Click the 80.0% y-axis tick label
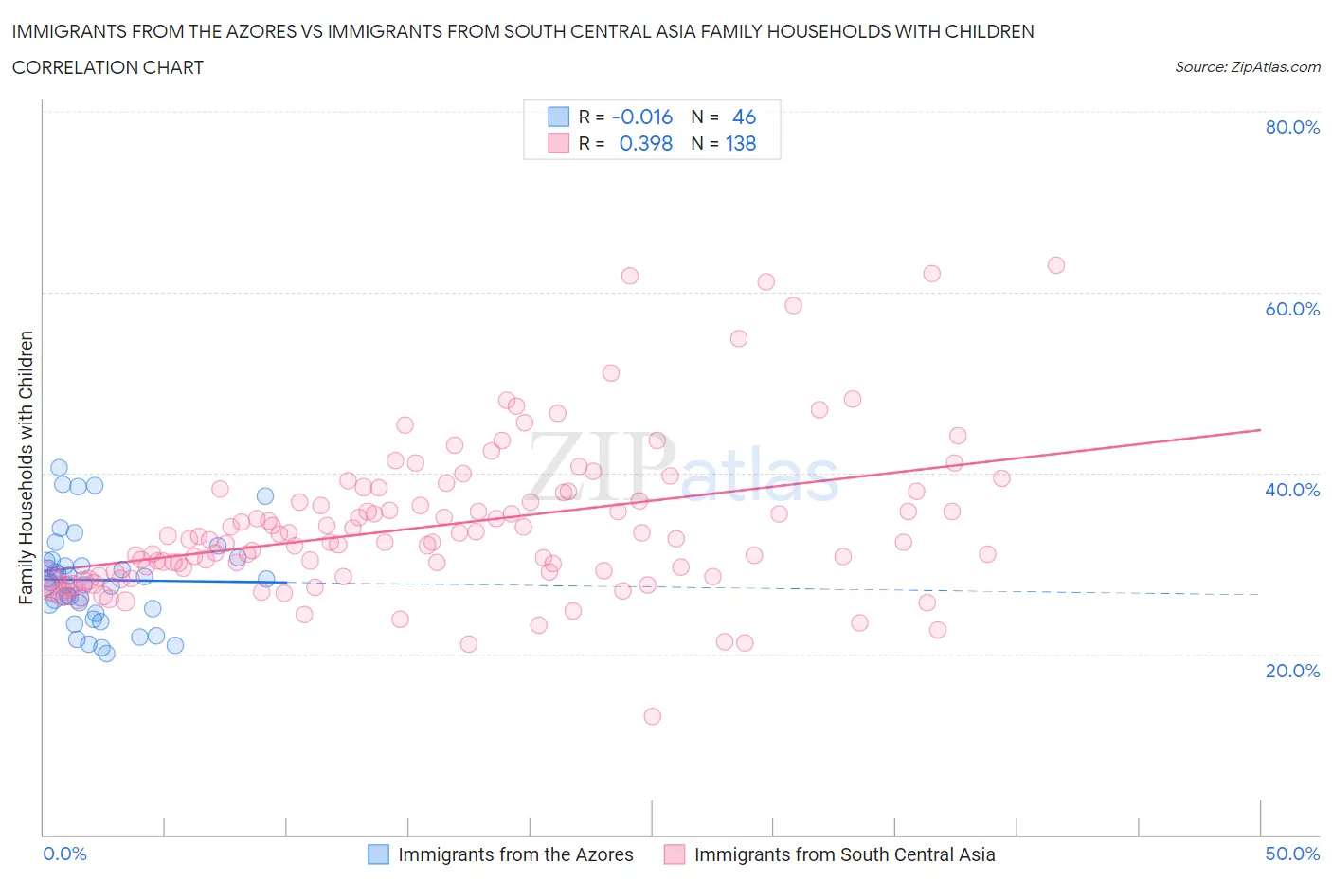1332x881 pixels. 1292,128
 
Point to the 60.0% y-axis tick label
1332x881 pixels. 1292,309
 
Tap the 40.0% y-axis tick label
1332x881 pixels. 1292,490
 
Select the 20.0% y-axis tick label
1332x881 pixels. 1292,671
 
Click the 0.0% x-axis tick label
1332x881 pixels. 64,854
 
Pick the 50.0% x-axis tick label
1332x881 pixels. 1292,854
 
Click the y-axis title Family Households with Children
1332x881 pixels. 27,467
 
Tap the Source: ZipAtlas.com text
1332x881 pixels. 1247,67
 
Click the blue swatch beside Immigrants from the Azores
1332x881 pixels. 378,854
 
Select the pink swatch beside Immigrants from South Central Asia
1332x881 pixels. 675,854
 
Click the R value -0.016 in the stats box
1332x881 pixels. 642,117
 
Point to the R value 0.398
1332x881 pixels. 645,144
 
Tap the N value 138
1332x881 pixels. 741,144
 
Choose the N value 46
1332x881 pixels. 744,117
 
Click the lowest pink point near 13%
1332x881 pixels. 652,716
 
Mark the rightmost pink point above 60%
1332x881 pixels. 1055,265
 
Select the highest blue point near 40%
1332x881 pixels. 59,467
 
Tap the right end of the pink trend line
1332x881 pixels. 1259,430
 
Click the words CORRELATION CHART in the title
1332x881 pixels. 108,67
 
